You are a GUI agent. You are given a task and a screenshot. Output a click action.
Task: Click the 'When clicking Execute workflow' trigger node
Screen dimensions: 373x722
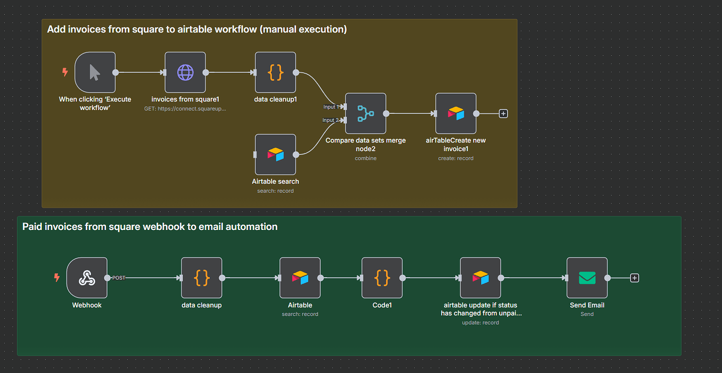coord(95,72)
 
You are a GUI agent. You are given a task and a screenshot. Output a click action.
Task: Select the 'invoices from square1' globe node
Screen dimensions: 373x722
coord(185,72)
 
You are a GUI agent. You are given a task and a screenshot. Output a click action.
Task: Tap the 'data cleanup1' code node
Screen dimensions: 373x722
coord(275,72)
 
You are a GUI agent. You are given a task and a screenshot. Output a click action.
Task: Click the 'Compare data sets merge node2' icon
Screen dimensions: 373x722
coord(365,114)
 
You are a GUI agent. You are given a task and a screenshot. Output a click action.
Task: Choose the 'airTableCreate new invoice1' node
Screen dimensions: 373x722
coord(456,114)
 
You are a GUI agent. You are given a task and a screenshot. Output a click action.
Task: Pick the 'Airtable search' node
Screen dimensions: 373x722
coord(275,155)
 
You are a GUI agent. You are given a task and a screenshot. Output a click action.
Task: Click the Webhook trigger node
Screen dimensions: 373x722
coord(87,278)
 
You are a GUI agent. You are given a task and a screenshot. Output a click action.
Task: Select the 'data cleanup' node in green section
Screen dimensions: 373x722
coord(201,278)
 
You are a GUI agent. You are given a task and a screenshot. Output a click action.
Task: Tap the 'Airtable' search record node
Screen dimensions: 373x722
coord(300,278)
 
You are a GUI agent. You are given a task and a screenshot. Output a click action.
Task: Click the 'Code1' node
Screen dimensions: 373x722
coord(382,278)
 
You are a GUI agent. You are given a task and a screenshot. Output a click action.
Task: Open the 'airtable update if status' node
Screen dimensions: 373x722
coord(480,278)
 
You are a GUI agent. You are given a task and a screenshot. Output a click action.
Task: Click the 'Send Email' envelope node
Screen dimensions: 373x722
coord(587,278)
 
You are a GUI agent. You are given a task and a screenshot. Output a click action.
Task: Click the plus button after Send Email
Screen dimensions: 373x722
coord(635,278)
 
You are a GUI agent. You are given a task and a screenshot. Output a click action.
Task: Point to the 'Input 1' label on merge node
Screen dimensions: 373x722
coord(329,107)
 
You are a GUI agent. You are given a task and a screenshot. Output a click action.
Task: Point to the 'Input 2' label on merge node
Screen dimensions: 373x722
coord(329,120)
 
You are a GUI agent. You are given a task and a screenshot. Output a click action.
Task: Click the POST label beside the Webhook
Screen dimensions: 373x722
coord(119,278)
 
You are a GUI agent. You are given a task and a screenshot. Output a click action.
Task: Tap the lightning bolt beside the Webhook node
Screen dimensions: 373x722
coord(57,278)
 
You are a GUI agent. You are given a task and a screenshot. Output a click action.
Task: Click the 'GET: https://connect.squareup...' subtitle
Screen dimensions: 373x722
coord(185,108)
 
